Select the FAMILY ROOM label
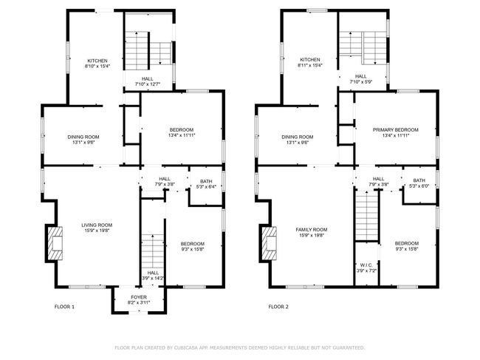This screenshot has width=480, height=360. (311, 230)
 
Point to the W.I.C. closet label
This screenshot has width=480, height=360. (366, 265)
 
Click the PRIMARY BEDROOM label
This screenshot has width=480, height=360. (395, 129)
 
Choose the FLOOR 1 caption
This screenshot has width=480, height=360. (64, 306)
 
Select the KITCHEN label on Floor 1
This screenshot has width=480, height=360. (97, 61)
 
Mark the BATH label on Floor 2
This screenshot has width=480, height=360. (419, 180)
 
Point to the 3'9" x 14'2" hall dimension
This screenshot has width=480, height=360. (153, 278)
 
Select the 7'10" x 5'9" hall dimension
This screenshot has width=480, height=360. (360, 81)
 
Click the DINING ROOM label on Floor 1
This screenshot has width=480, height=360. (83, 137)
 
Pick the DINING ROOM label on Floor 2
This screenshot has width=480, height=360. (297, 137)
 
